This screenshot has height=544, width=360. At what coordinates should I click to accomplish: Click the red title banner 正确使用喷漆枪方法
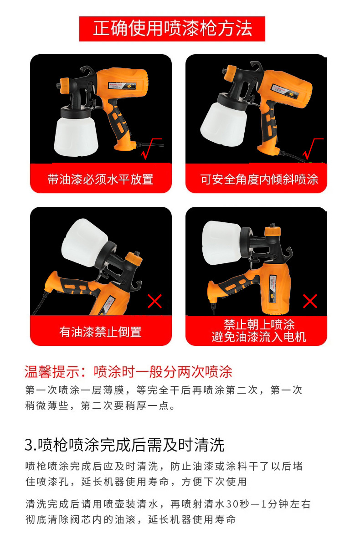click(172, 29)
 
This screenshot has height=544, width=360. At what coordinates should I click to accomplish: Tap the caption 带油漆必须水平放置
click(101, 180)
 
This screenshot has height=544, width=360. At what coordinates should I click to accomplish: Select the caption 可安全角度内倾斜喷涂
click(259, 180)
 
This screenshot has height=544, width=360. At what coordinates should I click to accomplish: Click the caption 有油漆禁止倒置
click(101, 332)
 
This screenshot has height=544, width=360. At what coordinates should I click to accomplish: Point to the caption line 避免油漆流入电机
click(259, 337)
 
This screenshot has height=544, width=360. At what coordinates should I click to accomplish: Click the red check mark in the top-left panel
click(150, 149)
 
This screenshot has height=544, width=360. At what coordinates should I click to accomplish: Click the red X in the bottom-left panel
click(154, 301)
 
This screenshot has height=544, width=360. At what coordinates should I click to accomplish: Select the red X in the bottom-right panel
click(310, 301)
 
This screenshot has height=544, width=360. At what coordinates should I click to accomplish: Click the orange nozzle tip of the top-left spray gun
click(64, 86)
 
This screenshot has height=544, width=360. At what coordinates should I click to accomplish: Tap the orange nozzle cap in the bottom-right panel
click(273, 231)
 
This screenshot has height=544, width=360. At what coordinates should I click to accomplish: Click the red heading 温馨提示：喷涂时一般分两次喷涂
click(128, 372)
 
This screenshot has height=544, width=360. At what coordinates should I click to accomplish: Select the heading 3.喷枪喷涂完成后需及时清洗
click(124, 445)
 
